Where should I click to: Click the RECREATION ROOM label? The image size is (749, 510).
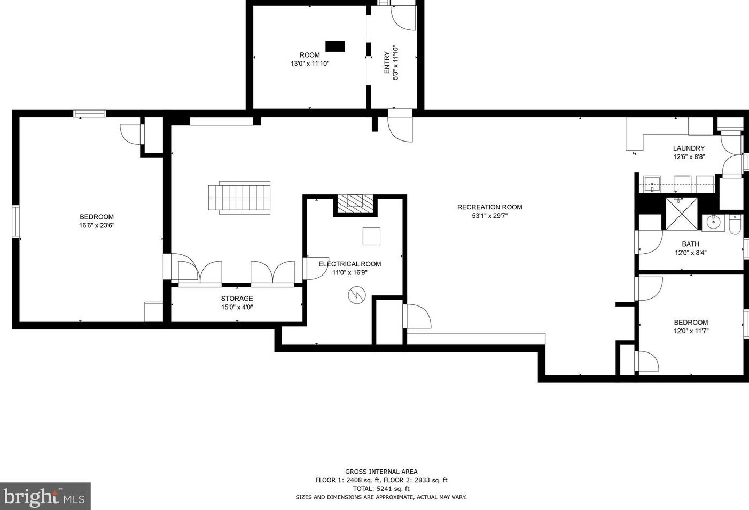[x=489, y=207]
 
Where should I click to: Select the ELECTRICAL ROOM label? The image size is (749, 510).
[x=349, y=264]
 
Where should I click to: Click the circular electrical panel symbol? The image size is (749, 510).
[x=356, y=295]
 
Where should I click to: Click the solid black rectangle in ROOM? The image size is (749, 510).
[x=335, y=46]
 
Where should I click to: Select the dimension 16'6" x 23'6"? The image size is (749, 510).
[x=97, y=225]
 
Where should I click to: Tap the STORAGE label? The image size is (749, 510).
[x=237, y=299]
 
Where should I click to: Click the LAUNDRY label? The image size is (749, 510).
[x=689, y=148]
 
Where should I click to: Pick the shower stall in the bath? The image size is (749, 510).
[x=681, y=214]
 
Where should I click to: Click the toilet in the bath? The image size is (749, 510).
[x=735, y=225]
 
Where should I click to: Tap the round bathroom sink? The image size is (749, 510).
[x=713, y=222]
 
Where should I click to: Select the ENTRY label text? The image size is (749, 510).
[x=387, y=62]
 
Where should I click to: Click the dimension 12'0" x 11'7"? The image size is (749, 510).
[x=691, y=331]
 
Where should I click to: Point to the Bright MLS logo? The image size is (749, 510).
[x=45, y=497]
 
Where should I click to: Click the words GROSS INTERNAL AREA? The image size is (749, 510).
[x=381, y=472]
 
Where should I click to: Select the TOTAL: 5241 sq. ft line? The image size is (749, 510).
[x=381, y=489]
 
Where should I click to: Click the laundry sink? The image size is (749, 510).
[x=652, y=184]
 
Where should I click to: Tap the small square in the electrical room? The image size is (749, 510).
[x=371, y=236]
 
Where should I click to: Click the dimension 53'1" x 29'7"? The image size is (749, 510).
[x=489, y=216]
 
